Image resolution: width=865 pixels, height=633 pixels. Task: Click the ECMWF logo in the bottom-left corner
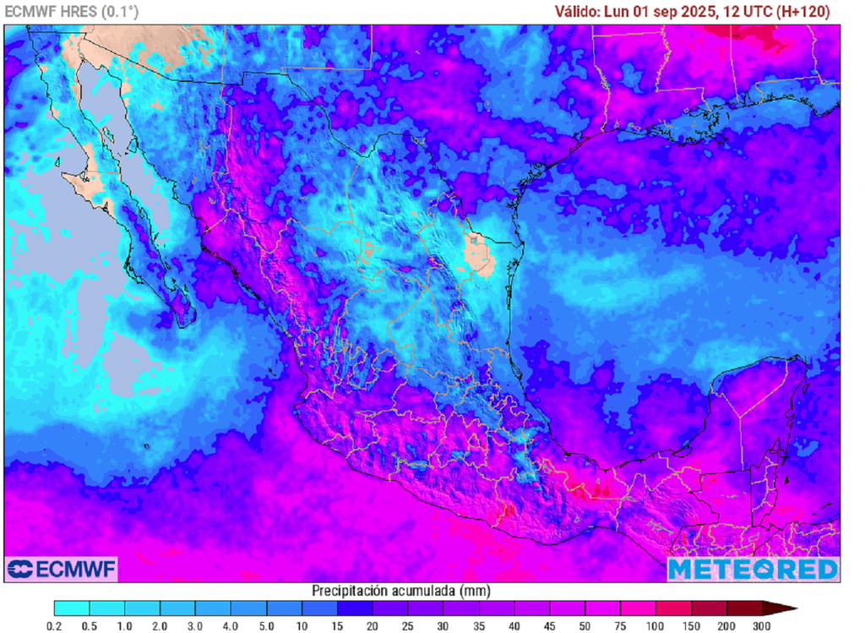point(61,569)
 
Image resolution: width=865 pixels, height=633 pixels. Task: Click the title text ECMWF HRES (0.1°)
point(73,11)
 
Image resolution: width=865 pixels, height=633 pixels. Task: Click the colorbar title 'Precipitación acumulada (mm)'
point(400,590)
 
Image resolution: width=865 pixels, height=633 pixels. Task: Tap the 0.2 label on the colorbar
point(55,625)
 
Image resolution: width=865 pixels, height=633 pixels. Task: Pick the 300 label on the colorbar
point(763,625)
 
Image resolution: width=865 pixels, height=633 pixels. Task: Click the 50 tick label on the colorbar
point(585,625)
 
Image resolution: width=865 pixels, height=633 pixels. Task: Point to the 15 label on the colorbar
point(338,625)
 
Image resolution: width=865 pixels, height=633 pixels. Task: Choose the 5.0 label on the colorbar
point(267,625)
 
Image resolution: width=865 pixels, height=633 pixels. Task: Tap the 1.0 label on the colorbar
point(125,625)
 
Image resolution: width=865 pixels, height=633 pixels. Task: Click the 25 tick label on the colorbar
point(409,625)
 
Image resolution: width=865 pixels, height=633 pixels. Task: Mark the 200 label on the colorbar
point(727,625)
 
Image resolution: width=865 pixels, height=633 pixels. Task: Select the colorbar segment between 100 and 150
point(673,608)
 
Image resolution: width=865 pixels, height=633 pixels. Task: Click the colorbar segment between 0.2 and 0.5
point(72,608)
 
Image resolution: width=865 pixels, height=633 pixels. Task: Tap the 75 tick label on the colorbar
point(621,625)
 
